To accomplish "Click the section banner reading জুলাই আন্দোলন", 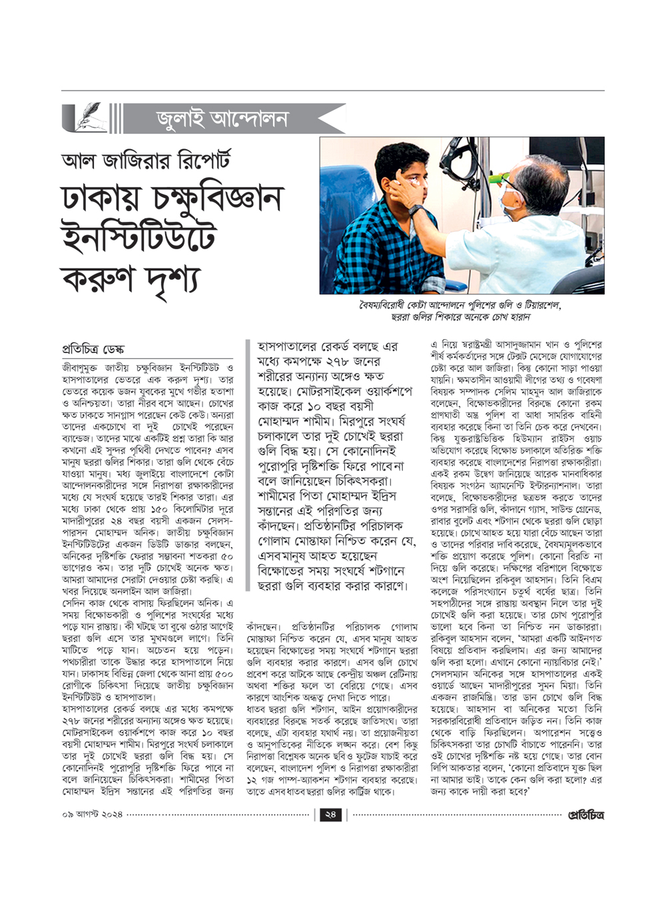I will [222, 119].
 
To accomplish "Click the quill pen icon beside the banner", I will [83, 119].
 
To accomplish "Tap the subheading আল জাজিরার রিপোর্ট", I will [145, 161].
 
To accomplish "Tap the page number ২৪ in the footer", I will [330, 815].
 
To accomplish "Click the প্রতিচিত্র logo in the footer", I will [585, 815].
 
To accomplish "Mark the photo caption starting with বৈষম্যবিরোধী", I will [461, 310].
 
